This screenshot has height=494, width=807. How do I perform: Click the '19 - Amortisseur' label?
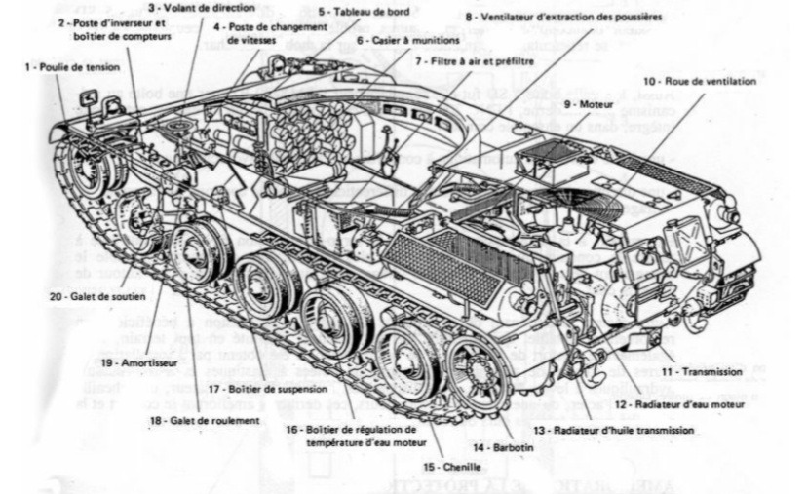click(x=132, y=360)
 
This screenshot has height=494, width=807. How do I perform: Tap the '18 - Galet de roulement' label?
click(x=205, y=420)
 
